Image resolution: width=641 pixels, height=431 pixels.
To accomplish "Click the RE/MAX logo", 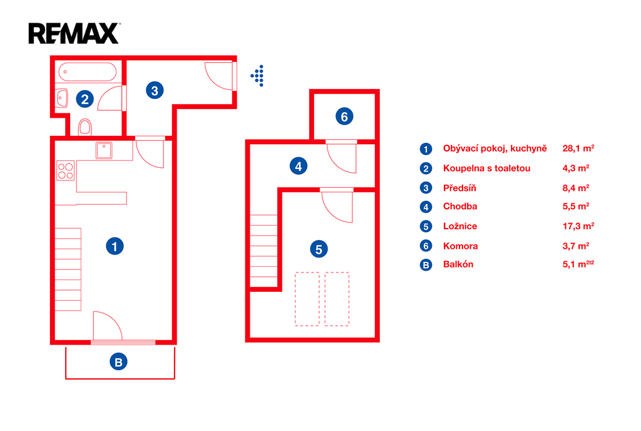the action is point(74,33).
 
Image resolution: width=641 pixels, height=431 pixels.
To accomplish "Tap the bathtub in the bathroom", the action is point(88,72).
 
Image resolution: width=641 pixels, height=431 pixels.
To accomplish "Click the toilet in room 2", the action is point(85,127).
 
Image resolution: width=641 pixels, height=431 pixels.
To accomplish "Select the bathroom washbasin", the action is point(62,98).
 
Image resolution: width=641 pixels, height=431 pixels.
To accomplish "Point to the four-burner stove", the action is point(65,170).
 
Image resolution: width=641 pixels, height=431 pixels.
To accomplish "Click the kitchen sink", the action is point(104,150).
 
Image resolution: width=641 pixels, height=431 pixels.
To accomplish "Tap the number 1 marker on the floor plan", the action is point(115,246).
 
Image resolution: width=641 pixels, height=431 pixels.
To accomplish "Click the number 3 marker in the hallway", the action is point(155,90).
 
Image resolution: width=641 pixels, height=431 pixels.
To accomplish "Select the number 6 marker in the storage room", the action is point(344,117).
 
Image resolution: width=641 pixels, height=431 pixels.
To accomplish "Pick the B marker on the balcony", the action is point(118,362).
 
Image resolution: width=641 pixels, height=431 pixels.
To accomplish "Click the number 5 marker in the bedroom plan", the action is point(319,249).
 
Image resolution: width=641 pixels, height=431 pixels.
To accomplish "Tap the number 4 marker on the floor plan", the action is point(299,166).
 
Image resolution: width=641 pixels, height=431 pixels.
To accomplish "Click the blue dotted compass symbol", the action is point(257,76).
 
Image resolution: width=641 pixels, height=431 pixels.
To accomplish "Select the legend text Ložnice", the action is point(460,226).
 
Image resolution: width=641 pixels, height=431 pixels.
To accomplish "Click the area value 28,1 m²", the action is point(578,148).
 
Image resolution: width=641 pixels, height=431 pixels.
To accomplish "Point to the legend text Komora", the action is point(460,246).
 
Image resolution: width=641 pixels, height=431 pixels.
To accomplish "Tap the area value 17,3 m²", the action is point(578,226).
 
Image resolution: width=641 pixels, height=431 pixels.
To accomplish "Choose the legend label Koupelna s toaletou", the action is point(486,168).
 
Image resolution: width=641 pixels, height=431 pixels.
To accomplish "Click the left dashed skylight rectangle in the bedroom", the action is point(307,299).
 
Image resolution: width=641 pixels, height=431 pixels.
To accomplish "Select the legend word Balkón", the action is point(458,264).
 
